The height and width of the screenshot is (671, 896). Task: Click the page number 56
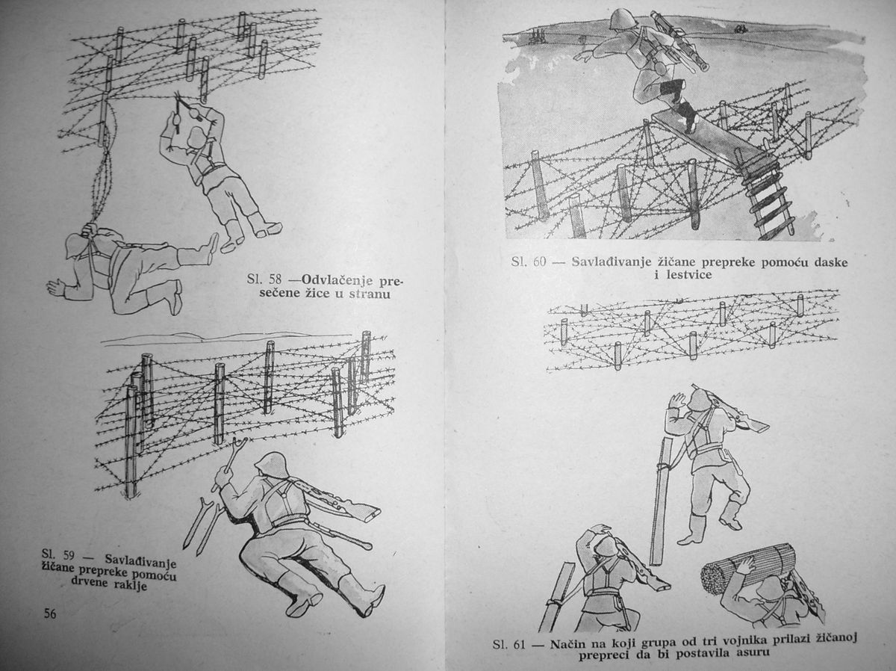click(50, 613)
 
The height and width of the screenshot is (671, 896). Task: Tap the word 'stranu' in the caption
click(370, 294)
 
